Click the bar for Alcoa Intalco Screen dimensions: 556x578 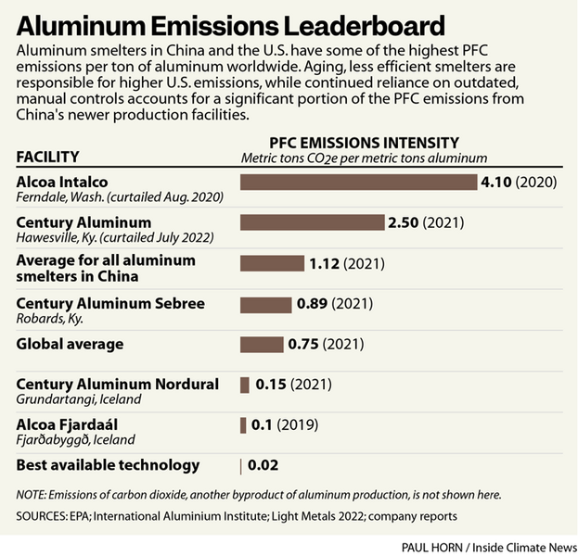click(x=357, y=183)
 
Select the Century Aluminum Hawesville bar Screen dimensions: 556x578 click(x=312, y=222)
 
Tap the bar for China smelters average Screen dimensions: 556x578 click(x=272, y=264)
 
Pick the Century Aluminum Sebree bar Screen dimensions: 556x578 click(x=264, y=304)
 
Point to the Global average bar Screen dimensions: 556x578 click(x=261, y=345)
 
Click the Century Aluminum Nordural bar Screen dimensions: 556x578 click(x=245, y=385)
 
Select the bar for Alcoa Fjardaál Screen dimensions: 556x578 click(x=243, y=425)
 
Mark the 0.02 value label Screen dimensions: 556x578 click(x=263, y=465)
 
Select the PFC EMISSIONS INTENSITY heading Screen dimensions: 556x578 click(x=364, y=144)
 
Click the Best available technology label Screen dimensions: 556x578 click(x=108, y=465)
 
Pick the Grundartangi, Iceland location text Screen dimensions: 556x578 click(x=79, y=399)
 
